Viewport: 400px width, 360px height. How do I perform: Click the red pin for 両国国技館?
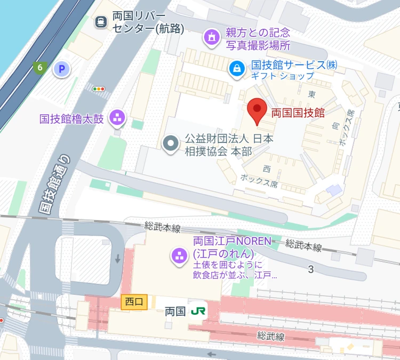tap(258, 111)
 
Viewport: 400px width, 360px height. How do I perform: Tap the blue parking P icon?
tap(63, 69)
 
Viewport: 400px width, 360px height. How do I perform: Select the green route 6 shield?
tap(39, 67)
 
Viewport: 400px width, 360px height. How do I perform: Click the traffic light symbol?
tap(99, 89)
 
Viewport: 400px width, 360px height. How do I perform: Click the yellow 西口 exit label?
tap(133, 301)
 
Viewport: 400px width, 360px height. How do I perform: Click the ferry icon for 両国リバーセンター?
tap(100, 22)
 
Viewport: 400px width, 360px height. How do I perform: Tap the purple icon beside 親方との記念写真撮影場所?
tap(212, 37)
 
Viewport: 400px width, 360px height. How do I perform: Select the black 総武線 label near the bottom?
tap(270, 336)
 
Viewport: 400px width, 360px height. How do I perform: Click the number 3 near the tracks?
tap(310, 269)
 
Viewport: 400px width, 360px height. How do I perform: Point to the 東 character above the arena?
tap(312, 93)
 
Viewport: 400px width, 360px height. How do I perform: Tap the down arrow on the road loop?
tap(117, 260)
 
